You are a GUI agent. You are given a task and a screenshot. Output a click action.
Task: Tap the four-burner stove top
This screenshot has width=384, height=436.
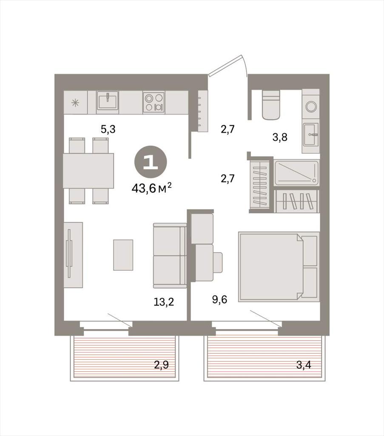coord(154,102)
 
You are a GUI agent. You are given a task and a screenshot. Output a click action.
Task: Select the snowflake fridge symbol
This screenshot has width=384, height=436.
coord(76,103)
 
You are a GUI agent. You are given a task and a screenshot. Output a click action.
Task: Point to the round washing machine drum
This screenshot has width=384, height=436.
coord(311,106)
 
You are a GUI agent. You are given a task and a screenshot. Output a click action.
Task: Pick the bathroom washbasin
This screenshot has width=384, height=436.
coord(311,135)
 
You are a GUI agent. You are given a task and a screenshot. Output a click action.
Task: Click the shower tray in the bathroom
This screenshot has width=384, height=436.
coord(296,173)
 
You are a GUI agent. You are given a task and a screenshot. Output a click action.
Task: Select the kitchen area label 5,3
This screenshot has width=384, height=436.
coord(108,129)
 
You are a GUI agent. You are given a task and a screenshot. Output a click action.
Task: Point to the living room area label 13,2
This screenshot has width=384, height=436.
coord(164,301)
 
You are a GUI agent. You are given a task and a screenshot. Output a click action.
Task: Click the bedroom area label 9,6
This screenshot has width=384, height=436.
coord(220,299)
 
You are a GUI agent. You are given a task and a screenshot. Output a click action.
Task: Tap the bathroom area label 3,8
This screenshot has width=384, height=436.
coord(279,137)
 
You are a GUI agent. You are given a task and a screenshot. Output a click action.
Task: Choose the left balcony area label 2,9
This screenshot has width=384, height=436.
coord(161,364)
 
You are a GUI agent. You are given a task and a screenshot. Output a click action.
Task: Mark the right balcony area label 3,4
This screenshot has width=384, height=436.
coord(304,364)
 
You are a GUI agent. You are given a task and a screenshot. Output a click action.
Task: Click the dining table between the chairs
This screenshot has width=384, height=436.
coord(88,171)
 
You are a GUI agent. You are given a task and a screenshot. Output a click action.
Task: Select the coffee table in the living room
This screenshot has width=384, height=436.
coord(123,255)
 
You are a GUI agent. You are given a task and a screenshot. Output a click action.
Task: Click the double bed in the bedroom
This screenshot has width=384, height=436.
coord(279,267)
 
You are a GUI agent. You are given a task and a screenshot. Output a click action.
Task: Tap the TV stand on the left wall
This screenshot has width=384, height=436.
coord(73,255)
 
